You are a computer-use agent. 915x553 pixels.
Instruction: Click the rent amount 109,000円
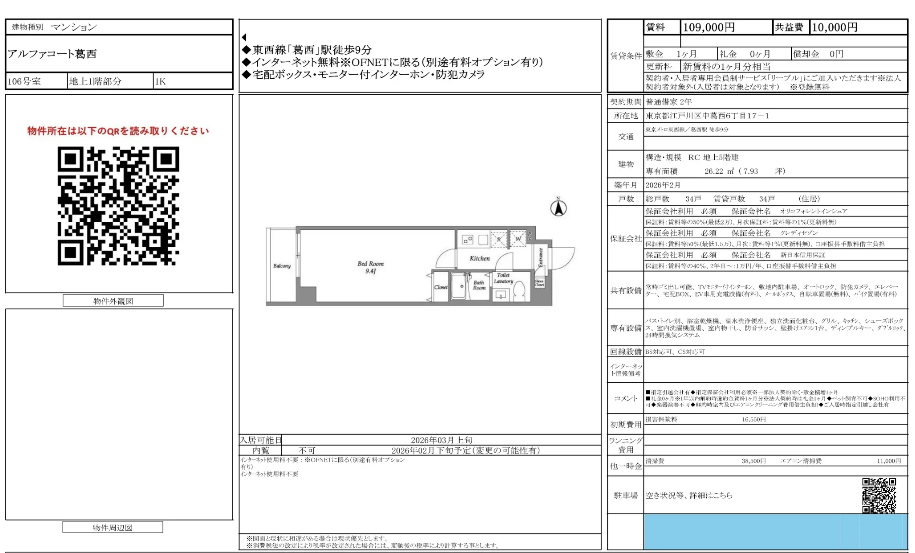click(x=709, y=28)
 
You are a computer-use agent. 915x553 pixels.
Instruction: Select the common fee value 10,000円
click(x=834, y=28)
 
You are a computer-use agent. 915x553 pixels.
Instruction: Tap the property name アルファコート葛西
click(x=52, y=54)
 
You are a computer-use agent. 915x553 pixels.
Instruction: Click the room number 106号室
click(x=24, y=81)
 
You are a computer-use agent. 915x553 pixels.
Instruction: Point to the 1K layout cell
click(x=160, y=81)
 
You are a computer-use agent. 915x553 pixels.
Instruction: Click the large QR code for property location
click(x=118, y=206)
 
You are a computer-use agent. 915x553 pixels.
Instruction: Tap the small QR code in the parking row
click(x=879, y=495)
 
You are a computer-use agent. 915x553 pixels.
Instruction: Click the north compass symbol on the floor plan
click(x=558, y=208)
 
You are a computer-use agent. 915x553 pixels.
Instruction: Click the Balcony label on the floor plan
click(x=282, y=266)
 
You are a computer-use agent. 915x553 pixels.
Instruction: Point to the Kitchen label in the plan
click(x=479, y=258)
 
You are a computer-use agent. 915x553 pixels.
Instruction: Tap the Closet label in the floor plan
click(x=441, y=287)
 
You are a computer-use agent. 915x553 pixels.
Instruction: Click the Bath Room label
click(x=479, y=285)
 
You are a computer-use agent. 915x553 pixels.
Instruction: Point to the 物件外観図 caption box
click(x=113, y=301)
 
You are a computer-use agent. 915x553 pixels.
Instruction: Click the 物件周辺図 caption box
click(x=113, y=528)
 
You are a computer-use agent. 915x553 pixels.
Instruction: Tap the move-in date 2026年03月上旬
click(x=441, y=440)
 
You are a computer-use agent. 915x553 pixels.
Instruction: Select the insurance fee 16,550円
click(x=753, y=419)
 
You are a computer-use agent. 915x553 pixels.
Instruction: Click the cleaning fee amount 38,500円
click(x=753, y=461)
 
